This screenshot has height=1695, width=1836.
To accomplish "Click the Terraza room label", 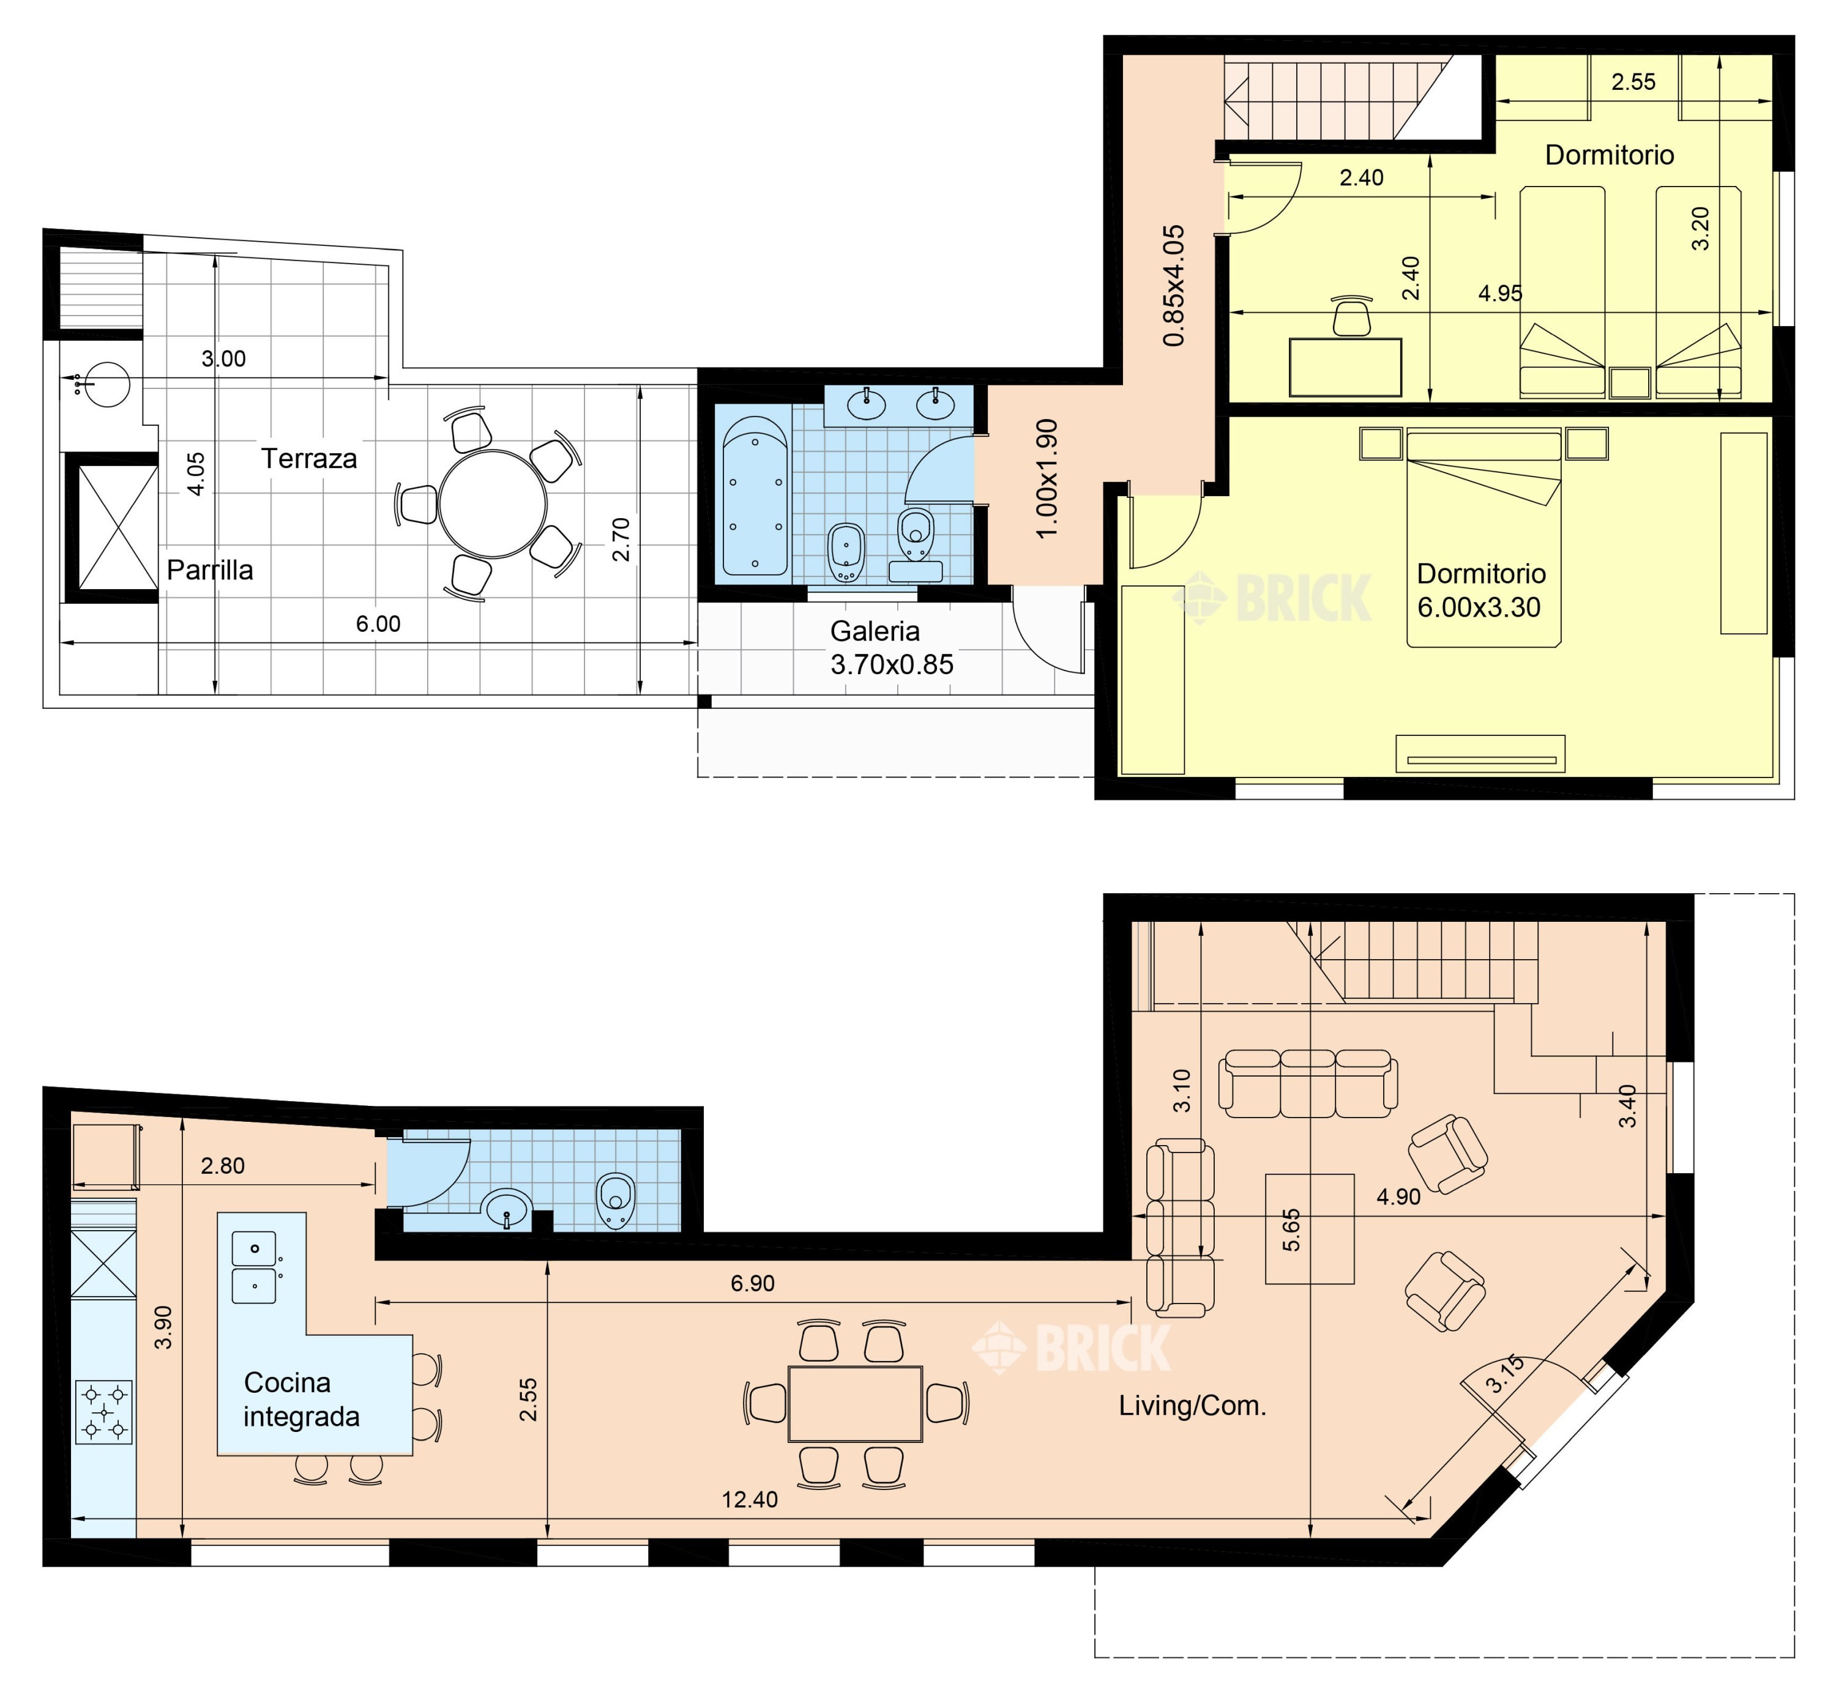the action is coord(308,459).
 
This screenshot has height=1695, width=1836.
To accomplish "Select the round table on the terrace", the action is coord(492,505).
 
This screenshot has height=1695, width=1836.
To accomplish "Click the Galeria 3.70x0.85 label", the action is coord(892,648).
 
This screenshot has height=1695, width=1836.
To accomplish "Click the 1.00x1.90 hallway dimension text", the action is coord(1047,479).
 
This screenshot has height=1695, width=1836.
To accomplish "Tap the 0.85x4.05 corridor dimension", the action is coord(1174,286).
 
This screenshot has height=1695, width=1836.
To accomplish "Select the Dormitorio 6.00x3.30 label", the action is coord(1481,590).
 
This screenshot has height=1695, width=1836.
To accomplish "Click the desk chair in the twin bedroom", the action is coord(1351,316).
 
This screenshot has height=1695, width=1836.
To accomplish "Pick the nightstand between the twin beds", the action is coord(1630,382).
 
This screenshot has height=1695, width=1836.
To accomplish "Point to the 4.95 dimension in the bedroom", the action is coord(1500,294).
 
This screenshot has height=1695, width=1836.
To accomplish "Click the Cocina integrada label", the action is coord(301,1400).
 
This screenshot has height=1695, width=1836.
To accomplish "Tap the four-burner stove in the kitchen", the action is coord(103,1412).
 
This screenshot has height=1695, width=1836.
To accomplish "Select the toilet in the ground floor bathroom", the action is coord(614,1201).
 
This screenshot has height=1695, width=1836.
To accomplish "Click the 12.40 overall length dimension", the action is coord(750,1500).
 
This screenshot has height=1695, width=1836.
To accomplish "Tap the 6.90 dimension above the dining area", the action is coord(752,1283).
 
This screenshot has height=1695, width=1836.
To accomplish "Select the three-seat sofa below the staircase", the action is coord(1307,1084).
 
